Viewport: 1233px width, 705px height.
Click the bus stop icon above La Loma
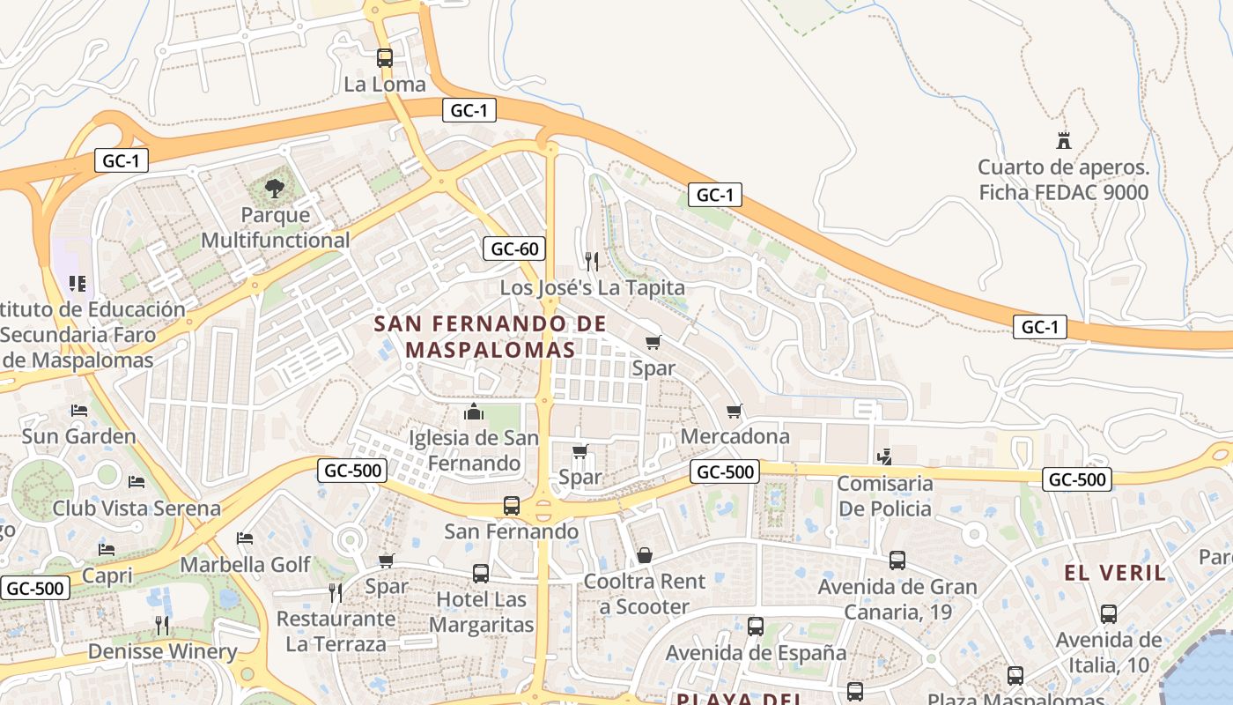385,58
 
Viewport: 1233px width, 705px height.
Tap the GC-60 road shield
514,249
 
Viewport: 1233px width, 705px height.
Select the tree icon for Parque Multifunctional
275,188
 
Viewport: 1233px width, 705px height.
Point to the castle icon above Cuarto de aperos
1064,140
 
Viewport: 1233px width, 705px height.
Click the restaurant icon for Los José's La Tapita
592,261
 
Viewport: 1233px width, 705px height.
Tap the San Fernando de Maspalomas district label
491,337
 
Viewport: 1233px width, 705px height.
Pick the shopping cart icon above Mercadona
735,411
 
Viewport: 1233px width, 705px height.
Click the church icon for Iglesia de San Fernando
474,412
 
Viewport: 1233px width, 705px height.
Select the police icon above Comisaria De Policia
885,456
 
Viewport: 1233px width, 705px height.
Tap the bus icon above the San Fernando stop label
512,506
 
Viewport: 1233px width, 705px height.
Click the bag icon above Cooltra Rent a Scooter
645,555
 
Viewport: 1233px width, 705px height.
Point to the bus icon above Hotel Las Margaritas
481,574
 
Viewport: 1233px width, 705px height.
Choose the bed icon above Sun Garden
79,411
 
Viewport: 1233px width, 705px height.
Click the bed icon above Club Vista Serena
137,482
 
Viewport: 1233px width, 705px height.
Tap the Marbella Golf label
246,564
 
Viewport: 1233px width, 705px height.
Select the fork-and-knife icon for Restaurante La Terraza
336,592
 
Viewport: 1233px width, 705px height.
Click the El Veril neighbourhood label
1115,573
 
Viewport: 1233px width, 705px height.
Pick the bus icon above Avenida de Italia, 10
1109,614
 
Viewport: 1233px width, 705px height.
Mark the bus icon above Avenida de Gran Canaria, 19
897,560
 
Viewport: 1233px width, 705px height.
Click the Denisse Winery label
163,652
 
